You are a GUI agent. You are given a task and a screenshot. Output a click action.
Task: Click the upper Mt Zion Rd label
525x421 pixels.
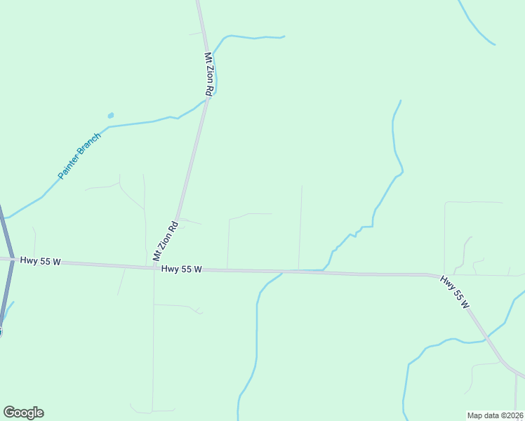click(x=208, y=74)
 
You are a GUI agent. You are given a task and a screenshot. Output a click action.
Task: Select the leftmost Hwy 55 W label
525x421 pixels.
click(x=41, y=261)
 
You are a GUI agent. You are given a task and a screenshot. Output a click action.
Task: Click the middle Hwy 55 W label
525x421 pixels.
click(x=181, y=269)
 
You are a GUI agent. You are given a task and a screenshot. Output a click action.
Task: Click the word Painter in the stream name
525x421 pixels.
click(x=70, y=166)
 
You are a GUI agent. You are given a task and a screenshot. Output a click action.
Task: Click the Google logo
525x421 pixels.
click(x=23, y=413)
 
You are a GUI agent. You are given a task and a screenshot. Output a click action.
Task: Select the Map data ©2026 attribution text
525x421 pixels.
click(x=495, y=415)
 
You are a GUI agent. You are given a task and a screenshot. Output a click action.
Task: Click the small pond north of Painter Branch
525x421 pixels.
click(x=110, y=115)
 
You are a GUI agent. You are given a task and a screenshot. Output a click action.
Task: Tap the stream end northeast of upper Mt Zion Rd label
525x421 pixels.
click(x=283, y=36)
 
